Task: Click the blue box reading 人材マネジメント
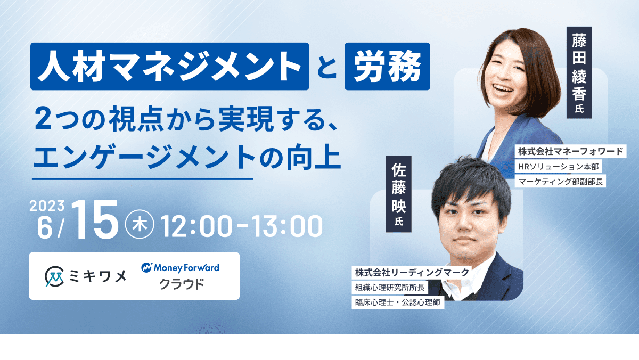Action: coord(169,66)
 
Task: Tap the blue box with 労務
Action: coord(387,66)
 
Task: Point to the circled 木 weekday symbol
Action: coord(140,224)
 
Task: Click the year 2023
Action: coord(47,206)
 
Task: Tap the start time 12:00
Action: coord(196,226)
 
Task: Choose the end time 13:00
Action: coord(287,226)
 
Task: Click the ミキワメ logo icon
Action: coord(54,276)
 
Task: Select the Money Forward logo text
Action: coord(181,267)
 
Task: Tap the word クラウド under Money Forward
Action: coord(182,284)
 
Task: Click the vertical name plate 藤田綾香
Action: coord(579,72)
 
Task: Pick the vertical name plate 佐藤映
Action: coord(398,194)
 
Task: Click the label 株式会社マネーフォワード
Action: coord(570,151)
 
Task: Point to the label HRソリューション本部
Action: coord(558,166)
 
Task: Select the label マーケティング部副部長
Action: coord(560,182)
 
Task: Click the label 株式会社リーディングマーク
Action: coord(412,273)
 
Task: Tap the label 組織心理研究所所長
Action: coord(390,288)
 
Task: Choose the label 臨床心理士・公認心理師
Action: coord(398,302)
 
